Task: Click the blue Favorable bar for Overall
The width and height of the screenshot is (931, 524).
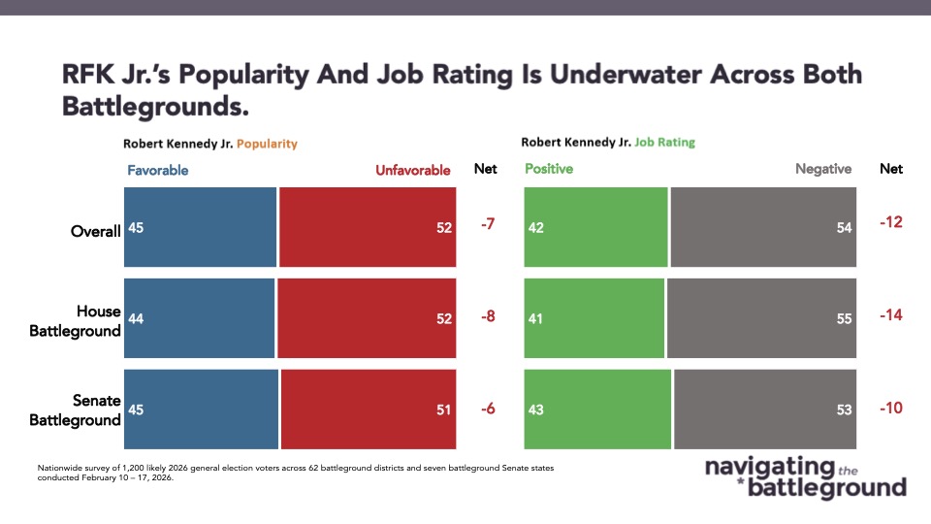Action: point(200,227)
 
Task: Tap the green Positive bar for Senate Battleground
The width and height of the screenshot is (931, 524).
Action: point(597,409)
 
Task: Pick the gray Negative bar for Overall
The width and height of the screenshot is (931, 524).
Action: point(763,227)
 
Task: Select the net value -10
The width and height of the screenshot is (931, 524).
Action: point(890,408)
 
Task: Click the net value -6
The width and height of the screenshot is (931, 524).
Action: point(488,409)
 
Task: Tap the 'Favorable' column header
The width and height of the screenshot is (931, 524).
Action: point(157,170)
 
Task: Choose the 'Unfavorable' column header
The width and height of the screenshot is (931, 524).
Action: point(413,170)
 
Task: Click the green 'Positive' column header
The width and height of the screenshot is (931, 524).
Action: point(549,169)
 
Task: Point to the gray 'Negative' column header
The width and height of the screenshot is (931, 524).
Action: point(823,169)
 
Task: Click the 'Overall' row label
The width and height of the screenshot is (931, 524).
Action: point(95,231)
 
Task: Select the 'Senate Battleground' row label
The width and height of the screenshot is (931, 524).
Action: point(76,409)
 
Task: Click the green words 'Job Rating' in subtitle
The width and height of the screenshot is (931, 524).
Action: point(664,143)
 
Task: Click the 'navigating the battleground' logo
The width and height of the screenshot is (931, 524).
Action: point(805,476)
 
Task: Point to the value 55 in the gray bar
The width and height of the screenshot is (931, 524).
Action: point(843,318)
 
